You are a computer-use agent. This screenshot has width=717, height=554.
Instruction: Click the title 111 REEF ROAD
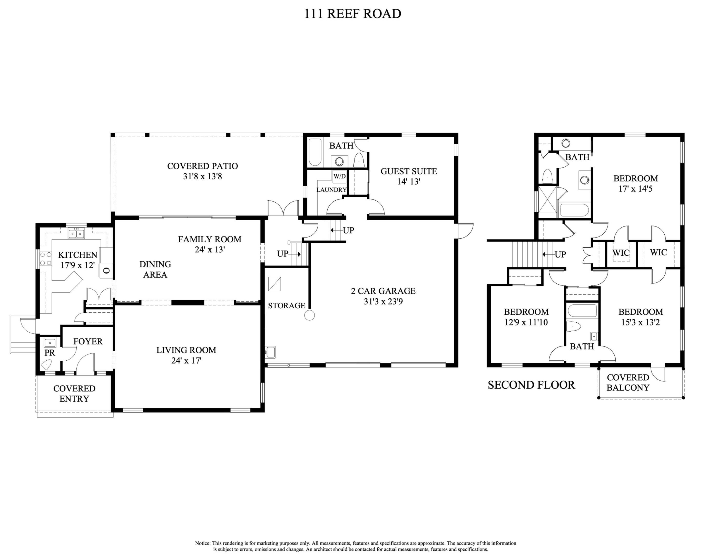pyautogui.click(x=352, y=14)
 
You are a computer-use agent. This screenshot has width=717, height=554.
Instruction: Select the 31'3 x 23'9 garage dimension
pyautogui.click(x=383, y=301)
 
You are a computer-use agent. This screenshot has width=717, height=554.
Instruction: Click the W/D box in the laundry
pyautogui.click(x=339, y=176)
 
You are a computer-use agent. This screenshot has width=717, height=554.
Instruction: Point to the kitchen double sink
pyautogui.click(x=76, y=234)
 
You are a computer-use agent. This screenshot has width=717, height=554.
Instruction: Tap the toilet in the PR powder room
pyautogui.click(x=47, y=364)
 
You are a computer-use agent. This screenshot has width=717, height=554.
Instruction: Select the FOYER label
pyautogui.click(x=88, y=341)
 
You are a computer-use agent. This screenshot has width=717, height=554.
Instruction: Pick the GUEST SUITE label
pyautogui.click(x=408, y=171)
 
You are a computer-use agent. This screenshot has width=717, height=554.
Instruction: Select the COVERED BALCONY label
pyautogui.click(x=628, y=382)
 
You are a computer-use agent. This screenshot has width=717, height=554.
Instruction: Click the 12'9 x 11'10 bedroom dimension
pyautogui.click(x=526, y=322)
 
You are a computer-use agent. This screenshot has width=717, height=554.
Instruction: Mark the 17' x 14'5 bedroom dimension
pyautogui.click(x=635, y=189)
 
